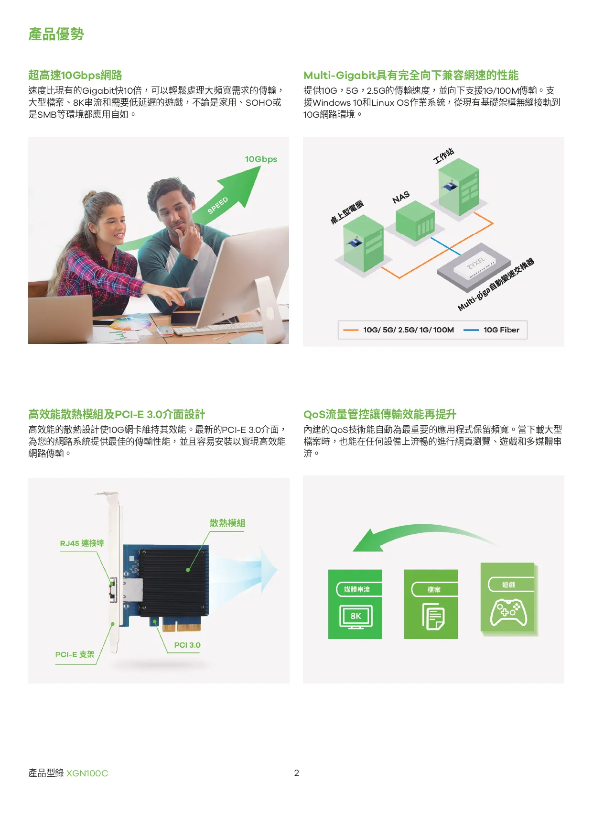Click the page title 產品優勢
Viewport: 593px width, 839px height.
(x=56, y=34)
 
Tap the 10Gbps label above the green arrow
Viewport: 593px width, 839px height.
(x=261, y=159)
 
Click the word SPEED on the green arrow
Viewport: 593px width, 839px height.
(x=218, y=205)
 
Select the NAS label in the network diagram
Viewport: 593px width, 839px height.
(x=401, y=197)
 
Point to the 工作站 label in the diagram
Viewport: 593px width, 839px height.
(x=443, y=156)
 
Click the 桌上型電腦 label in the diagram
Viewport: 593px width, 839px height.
(x=347, y=212)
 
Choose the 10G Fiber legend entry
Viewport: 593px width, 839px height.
(x=492, y=330)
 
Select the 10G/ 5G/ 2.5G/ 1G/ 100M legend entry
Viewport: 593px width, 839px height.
(x=399, y=330)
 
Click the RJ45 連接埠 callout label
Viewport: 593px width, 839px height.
(x=82, y=543)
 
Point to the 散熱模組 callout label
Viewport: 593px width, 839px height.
(x=227, y=523)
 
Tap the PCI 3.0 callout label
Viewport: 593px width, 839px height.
(x=187, y=645)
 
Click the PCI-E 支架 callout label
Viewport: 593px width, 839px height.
(x=75, y=654)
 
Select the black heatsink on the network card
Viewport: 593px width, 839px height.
(x=174, y=582)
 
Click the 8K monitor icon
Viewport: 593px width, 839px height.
(x=356, y=617)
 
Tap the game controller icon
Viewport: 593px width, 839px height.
(x=509, y=613)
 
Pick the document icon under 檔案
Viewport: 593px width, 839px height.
(x=433, y=617)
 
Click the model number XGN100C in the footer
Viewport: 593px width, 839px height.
(x=87, y=773)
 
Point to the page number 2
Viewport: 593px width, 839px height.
(x=296, y=773)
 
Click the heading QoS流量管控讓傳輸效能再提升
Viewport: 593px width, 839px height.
(x=380, y=414)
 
